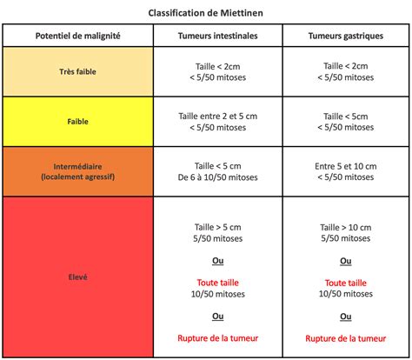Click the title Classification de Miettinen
pos(206,12)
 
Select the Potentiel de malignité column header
pos(78,36)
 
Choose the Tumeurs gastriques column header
pos(345,36)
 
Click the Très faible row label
pos(78,72)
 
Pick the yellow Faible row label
pos(78,122)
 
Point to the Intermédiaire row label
pos(78,171)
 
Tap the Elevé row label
pos(78,277)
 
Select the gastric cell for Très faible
pos(345,72)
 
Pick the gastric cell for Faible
pos(345,123)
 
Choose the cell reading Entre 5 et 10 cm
pos(345,165)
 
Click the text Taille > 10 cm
pos(345,227)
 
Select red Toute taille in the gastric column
pos(345,283)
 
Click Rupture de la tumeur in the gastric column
pos(345,338)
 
